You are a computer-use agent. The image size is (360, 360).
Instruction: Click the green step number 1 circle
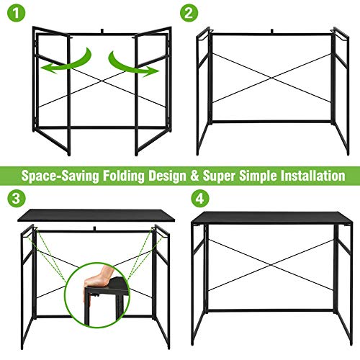(16, 13)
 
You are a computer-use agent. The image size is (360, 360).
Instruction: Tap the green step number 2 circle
(189, 13)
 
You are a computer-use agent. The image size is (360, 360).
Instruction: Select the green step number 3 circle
(16, 198)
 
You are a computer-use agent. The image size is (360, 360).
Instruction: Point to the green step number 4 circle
(200, 198)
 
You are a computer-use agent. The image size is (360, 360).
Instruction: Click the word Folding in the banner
(124, 176)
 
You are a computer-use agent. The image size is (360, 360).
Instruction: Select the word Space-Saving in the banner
(60, 176)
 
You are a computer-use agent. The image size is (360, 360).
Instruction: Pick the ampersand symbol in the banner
(194, 176)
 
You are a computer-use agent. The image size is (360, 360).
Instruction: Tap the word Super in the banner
(220, 176)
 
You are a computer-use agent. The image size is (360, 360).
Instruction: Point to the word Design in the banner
(167, 176)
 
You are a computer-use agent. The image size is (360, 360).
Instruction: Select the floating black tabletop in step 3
(96, 215)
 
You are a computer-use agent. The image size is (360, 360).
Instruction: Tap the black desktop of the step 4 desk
(271, 218)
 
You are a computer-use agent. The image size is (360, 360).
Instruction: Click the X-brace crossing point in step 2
(272, 78)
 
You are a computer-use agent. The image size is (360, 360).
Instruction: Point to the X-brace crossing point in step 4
(271, 265)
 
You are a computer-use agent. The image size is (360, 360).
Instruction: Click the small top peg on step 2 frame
(272, 31)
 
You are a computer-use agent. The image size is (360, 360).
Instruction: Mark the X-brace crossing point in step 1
(102, 81)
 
